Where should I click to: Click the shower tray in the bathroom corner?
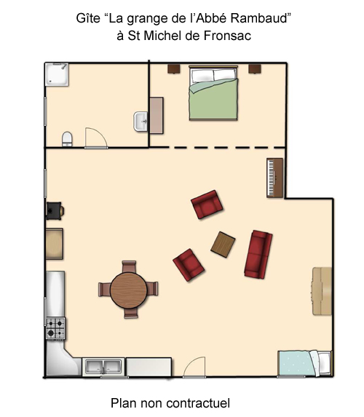(57, 74)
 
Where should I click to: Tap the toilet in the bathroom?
(67, 139)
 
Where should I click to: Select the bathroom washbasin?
(141, 122)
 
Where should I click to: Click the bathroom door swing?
(96, 138)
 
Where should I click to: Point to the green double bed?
(213, 93)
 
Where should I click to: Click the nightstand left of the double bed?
(174, 69)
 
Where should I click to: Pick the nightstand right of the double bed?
(255, 69)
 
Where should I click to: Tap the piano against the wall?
(275, 178)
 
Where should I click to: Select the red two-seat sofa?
(258, 255)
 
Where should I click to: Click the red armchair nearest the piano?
(207, 204)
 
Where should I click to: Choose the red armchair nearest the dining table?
(189, 265)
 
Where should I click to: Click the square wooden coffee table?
(223, 245)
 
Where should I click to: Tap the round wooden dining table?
(129, 290)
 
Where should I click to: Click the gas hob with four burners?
(55, 328)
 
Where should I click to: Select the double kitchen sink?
(103, 367)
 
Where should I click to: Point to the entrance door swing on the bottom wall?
(194, 367)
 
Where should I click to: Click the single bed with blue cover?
(304, 363)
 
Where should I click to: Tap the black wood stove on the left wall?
(55, 211)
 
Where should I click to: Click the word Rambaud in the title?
(259, 18)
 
